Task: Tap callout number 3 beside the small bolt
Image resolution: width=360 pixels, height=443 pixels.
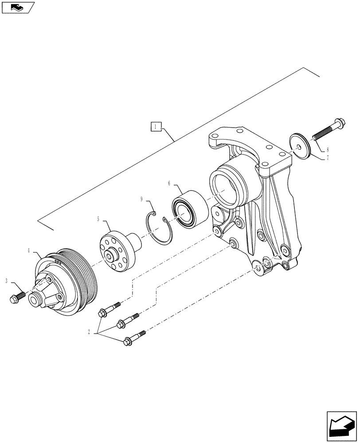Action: (7, 280)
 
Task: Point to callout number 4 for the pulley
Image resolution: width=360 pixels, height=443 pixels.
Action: (29, 251)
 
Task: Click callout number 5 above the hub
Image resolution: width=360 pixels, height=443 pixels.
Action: (98, 218)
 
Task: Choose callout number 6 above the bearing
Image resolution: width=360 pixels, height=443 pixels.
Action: (169, 183)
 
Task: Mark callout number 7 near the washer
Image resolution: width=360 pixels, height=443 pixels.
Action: (327, 157)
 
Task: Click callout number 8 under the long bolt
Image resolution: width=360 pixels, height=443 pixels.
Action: (327, 150)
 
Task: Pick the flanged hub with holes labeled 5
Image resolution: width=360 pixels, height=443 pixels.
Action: (117, 253)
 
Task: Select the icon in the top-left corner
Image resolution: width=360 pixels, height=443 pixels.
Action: (18, 7)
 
